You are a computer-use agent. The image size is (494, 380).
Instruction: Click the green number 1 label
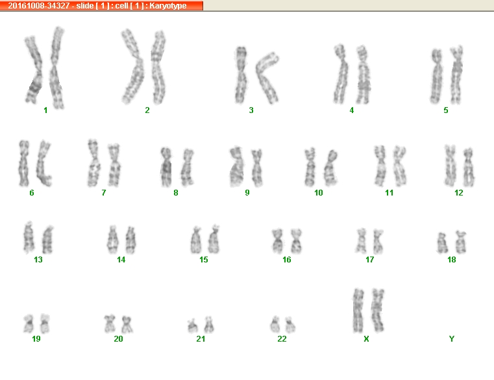pos(45,110)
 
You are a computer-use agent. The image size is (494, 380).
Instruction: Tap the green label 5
pos(446,110)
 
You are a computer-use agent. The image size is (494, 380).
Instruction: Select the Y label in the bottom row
pos(451,338)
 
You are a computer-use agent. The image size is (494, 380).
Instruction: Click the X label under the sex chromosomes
pos(366,338)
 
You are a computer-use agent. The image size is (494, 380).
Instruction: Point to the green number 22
pos(282,338)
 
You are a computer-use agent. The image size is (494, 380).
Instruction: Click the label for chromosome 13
pos(38,260)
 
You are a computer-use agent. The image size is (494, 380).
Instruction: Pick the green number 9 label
pos(247,193)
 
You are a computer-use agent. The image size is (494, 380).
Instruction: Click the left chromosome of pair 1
pos(34,70)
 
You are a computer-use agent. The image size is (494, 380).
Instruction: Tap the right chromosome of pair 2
pos(158,68)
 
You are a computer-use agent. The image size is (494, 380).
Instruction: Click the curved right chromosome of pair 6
pos(43,164)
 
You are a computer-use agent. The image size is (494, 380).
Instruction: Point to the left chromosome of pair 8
pos(166,167)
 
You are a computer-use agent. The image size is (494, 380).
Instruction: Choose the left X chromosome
pos(358,310)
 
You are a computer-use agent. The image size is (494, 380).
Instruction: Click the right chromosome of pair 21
pos(208,325)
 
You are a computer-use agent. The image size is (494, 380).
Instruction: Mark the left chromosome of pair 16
pos(278,241)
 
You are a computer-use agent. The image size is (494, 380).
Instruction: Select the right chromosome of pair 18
pos(461,242)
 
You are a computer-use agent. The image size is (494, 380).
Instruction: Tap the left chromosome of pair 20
pos(110,323)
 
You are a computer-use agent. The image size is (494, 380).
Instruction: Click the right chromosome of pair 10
pos(330,168)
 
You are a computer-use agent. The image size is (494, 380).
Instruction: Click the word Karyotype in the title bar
pos(168,6)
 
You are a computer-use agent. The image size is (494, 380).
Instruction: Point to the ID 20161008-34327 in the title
pos(38,6)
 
